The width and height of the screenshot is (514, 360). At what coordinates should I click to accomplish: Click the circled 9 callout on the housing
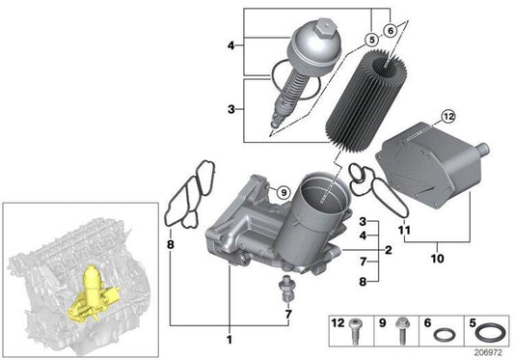[x=284, y=194]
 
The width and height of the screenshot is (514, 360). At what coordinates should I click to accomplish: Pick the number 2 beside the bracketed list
[x=387, y=250]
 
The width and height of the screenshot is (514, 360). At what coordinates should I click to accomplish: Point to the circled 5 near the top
[x=368, y=40]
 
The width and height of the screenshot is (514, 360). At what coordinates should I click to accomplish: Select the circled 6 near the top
[x=390, y=30]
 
